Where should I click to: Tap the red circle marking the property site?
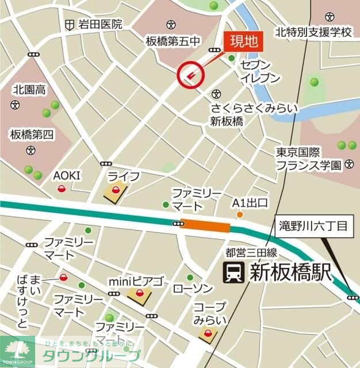(x=190, y=74)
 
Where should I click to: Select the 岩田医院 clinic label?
(x=101, y=24)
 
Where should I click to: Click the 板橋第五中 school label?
(x=172, y=41)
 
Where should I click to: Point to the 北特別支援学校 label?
(x=313, y=32)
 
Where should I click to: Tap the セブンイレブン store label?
(x=261, y=70)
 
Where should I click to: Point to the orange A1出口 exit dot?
(x=240, y=215)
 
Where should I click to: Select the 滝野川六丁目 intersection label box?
(x=313, y=225)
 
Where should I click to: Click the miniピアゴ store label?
(x=136, y=282)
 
